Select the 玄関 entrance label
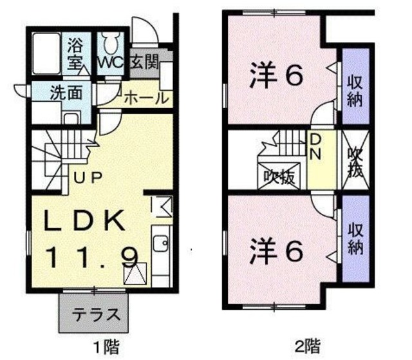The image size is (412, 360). [145, 64]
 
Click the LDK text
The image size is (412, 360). [84, 221]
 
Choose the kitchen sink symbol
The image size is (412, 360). [161, 245]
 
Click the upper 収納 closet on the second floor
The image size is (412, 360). [354, 90]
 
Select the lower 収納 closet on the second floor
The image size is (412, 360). [354, 237]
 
